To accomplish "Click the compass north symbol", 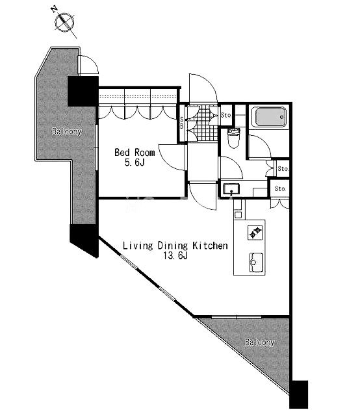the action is coord(64,21).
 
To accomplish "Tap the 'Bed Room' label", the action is coord(135,152).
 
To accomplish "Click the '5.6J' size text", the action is coord(135,163).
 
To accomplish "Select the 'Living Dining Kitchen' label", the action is coord(175,246).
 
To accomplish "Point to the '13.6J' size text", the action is coord(175,256).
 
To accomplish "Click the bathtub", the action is coord(269,117).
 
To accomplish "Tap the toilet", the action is coord(234,138).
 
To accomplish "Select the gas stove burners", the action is coord(255,232).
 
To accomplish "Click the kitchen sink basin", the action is coord(257,263).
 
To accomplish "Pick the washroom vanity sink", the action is coord(231,189).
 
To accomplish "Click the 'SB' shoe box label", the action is coord(182,123).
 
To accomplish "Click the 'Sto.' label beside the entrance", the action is coord(226,115).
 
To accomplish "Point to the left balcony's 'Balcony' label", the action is coord(67,131).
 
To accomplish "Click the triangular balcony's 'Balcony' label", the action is coord(260,342).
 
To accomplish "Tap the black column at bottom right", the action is coord(300,394).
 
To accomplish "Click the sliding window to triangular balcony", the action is coord(237,317).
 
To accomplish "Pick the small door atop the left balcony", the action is coord(88,65).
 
